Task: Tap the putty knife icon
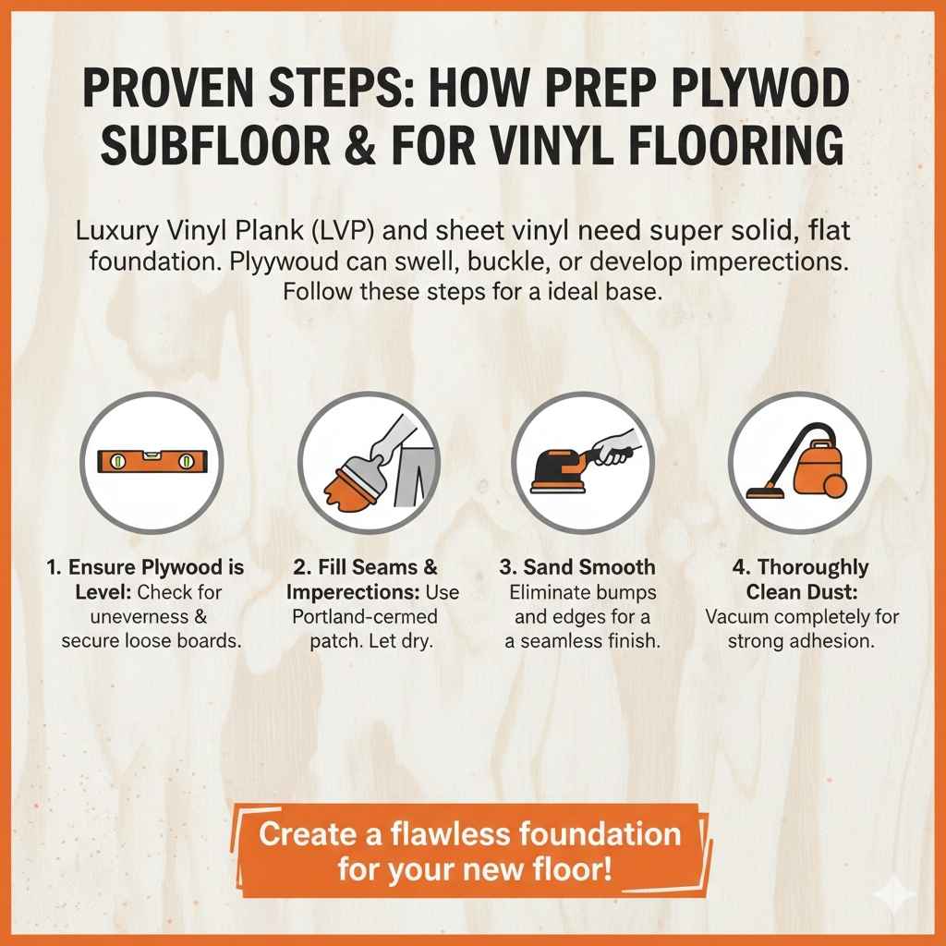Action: (368, 460)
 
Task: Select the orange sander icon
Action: (582, 459)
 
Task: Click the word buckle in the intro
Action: (521, 262)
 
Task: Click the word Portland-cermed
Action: (364, 616)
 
